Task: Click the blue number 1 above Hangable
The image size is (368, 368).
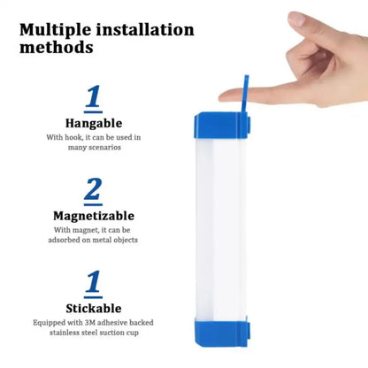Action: click(x=93, y=96)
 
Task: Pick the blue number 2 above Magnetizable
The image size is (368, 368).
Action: click(x=93, y=191)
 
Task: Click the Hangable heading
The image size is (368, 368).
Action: click(x=94, y=122)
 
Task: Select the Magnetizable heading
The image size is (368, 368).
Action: click(x=93, y=216)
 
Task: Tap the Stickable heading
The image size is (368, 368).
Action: click(x=93, y=308)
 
